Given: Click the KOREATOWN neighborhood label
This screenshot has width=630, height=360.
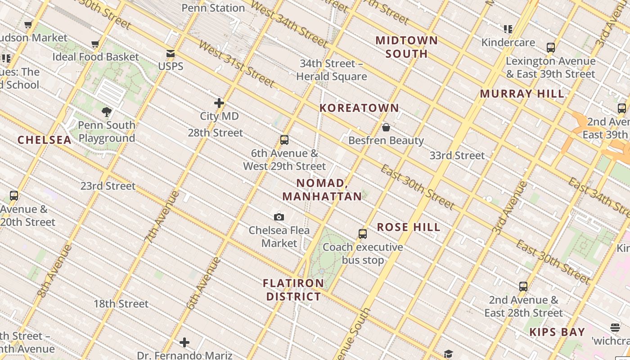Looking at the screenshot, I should (x=359, y=108).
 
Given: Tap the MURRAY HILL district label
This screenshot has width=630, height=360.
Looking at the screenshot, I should (x=522, y=94).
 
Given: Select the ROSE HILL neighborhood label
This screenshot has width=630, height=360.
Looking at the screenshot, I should (x=409, y=227).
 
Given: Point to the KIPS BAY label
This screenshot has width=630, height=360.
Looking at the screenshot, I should (x=557, y=333).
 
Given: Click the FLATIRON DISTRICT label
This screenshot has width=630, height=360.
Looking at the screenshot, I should (x=293, y=290).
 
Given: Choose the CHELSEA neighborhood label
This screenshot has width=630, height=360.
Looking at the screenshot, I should (x=45, y=140).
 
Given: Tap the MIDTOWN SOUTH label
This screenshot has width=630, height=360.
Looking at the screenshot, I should (x=407, y=47).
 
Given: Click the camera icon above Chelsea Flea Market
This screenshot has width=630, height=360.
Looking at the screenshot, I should (x=279, y=217).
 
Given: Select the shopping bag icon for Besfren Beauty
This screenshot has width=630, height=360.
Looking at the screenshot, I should (x=386, y=127).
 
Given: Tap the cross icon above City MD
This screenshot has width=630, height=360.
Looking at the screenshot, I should (x=219, y=103).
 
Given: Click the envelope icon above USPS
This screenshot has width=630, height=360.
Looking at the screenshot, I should (x=171, y=54).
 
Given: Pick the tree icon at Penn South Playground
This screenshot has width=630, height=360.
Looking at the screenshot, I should (x=107, y=112).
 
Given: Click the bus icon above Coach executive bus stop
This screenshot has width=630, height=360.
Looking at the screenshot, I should (x=363, y=234).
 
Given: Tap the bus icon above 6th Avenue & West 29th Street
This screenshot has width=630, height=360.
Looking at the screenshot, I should (x=284, y=140).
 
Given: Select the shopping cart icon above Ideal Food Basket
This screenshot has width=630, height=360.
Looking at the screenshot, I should (x=95, y=44).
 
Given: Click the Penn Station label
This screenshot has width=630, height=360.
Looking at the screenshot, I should (x=213, y=8).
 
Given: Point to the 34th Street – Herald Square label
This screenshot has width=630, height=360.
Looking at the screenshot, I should (x=332, y=70).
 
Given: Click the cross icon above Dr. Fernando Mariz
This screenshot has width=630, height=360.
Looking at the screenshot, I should (x=184, y=343).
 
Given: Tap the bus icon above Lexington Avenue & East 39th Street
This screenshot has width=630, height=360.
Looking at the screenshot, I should (x=550, y=48).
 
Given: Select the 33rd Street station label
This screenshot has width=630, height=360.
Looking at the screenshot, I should (x=457, y=156).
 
